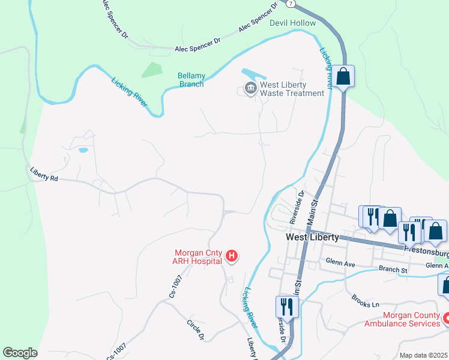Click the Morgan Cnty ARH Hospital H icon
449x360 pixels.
pyautogui.click(x=232, y=257)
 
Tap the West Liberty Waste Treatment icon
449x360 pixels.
pyautogui.click(x=250, y=89)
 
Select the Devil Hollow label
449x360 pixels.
pyautogui.click(x=292, y=23)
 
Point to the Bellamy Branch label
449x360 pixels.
pyautogui.click(x=191, y=80)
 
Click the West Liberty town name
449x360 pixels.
pyautogui.click(x=312, y=237)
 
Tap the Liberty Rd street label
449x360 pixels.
pyautogui.click(x=45, y=174)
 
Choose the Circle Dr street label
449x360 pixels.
pyautogui.click(x=195, y=329)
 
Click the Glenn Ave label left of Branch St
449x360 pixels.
pyautogui.click(x=342, y=262)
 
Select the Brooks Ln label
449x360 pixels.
pyautogui.click(x=366, y=301)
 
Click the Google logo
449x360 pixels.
pyautogui.click(x=20, y=353)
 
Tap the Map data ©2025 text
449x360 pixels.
pyautogui.click(x=423, y=355)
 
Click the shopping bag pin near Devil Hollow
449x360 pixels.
pyautogui.click(x=344, y=76)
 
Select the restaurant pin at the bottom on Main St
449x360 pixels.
pyautogui.click(x=286, y=307)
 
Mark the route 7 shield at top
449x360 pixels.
pyautogui.click(x=291, y=4)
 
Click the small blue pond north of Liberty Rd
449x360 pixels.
pyautogui.click(x=83, y=149)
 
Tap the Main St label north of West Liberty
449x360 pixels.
pyautogui.click(x=313, y=214)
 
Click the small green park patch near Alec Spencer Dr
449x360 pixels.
pyautogui.click(x=152, y=70)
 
